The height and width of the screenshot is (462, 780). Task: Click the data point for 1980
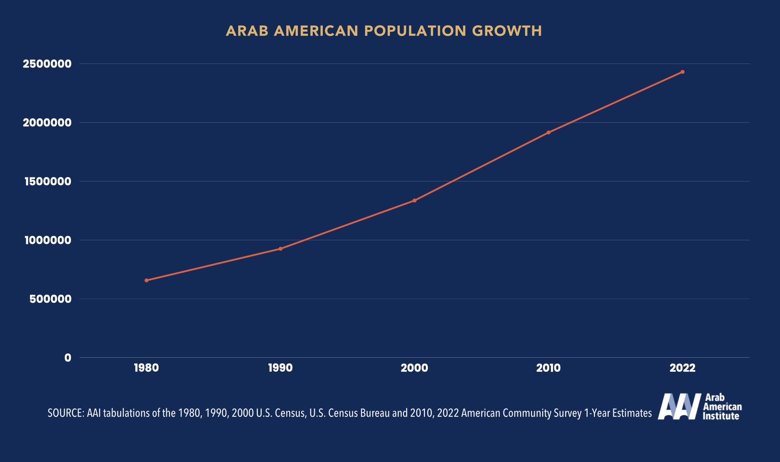(147, 280)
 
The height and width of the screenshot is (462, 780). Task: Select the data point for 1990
(281, 249)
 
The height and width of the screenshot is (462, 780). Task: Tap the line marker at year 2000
(414, 201)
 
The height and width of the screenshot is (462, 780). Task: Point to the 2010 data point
(548, 133)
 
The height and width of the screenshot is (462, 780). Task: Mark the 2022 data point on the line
(682, 72)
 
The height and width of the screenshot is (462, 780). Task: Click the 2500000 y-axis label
(47, 64)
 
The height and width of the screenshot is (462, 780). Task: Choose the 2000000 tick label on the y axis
(47, 123)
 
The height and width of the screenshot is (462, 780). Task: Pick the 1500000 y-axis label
(48, 182)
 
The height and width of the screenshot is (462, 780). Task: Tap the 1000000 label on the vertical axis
(48, 240)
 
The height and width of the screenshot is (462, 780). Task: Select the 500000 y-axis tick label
(50, 299)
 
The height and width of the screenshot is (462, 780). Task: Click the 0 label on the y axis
(68, 358)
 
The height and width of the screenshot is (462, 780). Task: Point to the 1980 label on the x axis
(147, 368)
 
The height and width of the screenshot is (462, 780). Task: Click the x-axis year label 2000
(414, 368)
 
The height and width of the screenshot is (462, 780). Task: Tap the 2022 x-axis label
(682, 368)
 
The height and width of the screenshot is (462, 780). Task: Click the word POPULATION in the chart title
(415, 31)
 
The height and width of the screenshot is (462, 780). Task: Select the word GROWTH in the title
(507, 31)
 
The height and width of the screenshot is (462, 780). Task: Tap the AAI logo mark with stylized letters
(679, 406)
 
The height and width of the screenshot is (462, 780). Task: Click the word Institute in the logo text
(721, 416)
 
